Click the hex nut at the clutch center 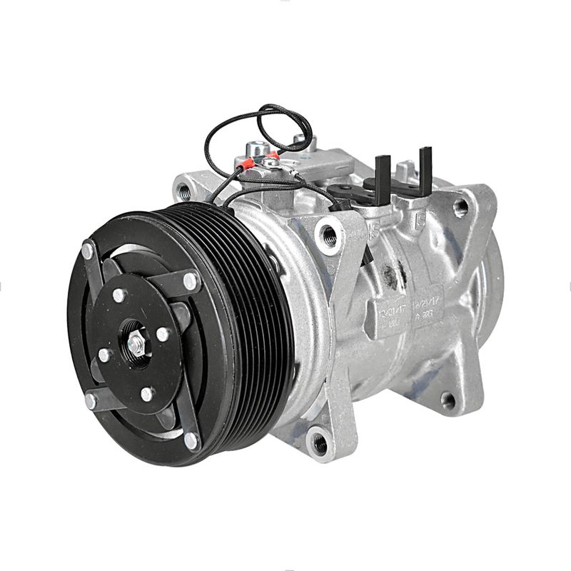136,345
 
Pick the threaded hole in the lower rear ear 448,400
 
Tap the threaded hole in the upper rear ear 461,207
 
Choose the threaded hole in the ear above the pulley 185,191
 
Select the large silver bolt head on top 255,151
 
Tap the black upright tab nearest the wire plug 383,175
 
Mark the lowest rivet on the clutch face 191,440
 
